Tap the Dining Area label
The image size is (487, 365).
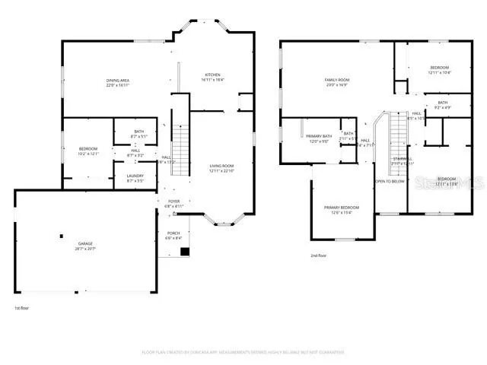(116, 82)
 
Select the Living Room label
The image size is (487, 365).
(221, 168)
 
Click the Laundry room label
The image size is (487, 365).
(135, 178)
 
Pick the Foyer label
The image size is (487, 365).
(174, 203)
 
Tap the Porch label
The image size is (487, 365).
(173, 235)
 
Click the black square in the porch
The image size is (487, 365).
(183, 251)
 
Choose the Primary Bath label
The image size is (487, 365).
(319, 138)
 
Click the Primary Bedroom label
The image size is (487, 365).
(342, 210)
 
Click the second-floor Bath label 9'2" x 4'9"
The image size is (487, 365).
(442, 105)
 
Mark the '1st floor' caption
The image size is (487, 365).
(22, 308)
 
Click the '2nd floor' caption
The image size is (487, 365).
(320, 255)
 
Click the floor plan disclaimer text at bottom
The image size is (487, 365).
(243, 352)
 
